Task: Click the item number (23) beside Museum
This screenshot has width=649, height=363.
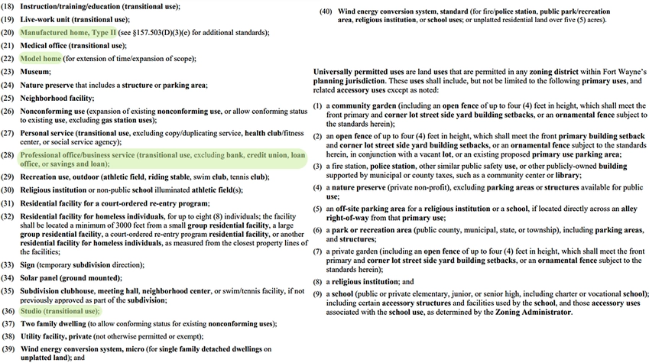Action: pyautogui.click(x=8, y=71)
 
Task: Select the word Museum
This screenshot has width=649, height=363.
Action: pyautogui.click(x=37, y=71)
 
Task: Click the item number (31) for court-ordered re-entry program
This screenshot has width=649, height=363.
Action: pyautogui.click(x=8, y=203)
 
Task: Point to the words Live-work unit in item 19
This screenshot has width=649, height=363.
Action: pyautogui.click(x=45, y=18)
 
